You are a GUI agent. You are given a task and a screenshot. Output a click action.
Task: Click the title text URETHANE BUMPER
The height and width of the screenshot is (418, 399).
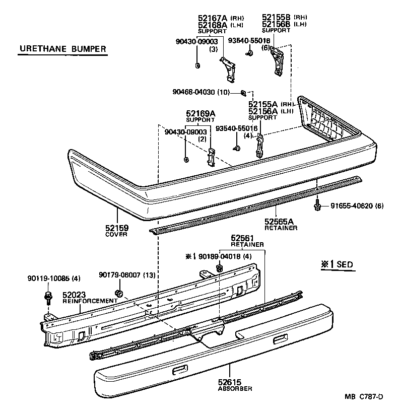pyautogui.click(x=62, y=49)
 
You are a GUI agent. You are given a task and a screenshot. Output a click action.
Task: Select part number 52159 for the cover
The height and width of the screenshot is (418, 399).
pyautogui.click(x=117, y=228)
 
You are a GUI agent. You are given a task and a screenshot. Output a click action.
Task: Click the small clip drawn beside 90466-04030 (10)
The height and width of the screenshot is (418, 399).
pyautogui.click(x=243, y=92)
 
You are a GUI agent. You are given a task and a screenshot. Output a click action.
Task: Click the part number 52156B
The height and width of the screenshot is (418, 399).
pyautogui.click(x=276, y=24)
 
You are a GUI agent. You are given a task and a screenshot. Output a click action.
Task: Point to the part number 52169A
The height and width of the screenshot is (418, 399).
pyautogui.click(x=200, y=113)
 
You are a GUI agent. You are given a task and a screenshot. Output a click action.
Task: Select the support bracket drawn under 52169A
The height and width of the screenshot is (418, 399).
pyautogui.click(x=212, y=157)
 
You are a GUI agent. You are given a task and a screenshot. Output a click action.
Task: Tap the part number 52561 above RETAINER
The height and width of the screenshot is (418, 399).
pyautogui.click(x=242, y=238)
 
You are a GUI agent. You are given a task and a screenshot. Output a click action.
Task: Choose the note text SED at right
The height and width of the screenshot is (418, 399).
pyautogui.click(x=345, y=264)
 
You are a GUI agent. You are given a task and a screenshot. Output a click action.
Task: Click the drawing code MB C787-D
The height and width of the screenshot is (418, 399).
pyautogui.click(x=364, y=397)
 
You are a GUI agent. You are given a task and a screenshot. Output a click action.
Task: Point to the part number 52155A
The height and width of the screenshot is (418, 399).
pyautogui.click(x=263, y=104)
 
